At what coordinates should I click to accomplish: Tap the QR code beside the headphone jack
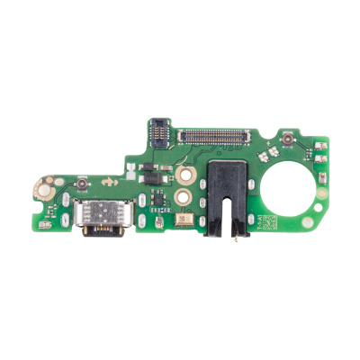point(262,220)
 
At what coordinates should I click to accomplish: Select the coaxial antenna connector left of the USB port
point(80,184)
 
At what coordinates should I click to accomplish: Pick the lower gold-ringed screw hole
point(184,193)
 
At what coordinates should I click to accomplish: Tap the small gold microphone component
point(183,219)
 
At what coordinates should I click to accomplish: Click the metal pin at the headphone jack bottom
point(236,238)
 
